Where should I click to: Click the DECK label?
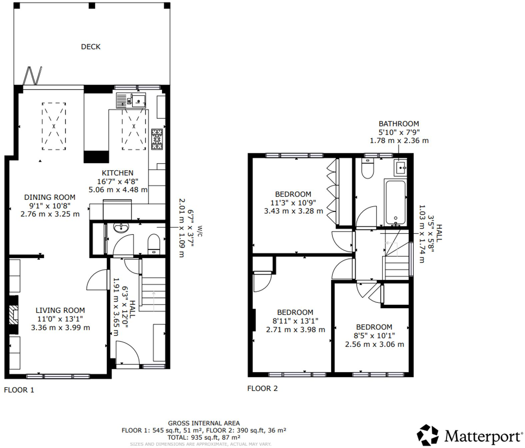tap(91, 47)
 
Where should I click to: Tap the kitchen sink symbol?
tap(131, 100)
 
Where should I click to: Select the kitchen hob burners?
tap(157, 139)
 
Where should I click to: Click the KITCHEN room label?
tap(118, 173)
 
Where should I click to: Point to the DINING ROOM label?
tap(50, 197)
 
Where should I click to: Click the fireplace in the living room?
tap(13, 314)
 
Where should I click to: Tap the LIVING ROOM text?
tap(60, 310)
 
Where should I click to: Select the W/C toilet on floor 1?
tap(153, 244)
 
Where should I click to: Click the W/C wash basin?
tap(121, 228)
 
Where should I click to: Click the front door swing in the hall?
tap(127, 353)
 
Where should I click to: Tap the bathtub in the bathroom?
tap(395, 202)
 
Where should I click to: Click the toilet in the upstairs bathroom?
tap(368, 169)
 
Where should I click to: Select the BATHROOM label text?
tap(399, 124)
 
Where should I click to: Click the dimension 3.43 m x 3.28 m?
tap(293, 211)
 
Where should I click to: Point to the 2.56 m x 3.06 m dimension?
tap(374, 344)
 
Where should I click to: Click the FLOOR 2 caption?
tap(262, 388)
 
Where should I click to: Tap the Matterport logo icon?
tap(427, 435)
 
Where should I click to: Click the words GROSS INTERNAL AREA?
tap(204, 423)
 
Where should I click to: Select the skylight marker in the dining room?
tap(54, 126)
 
